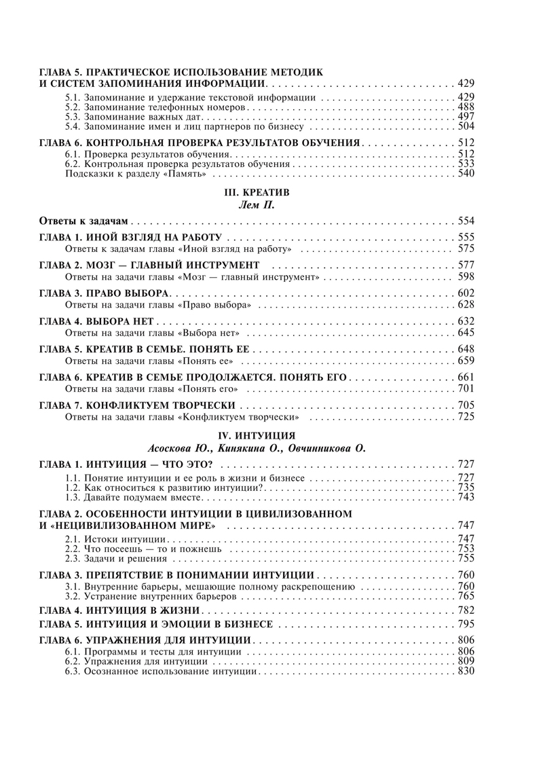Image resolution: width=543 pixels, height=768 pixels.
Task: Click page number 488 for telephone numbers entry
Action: [467, 107]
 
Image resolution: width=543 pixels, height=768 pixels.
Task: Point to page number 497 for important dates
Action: [467, 117]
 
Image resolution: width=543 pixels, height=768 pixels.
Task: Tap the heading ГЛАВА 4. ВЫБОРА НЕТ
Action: [98, 321]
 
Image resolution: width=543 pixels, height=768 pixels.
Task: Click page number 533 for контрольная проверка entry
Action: [467, 164]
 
